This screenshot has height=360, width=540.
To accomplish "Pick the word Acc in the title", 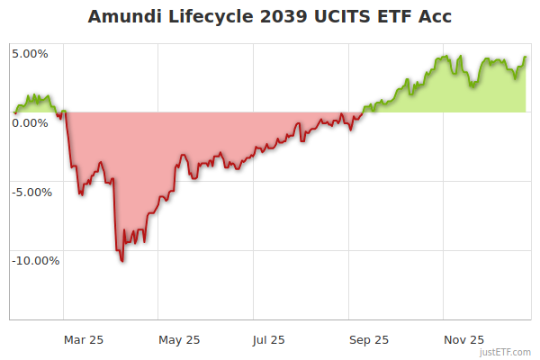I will [x=428, y=17].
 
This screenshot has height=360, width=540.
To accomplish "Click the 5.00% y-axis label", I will [x=30, y=53].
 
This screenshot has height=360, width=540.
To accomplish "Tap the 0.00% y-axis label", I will [x=30, y=122].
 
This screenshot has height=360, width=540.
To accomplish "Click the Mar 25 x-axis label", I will [x=84, y=339].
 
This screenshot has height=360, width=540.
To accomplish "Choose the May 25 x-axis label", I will [x=179, y=339].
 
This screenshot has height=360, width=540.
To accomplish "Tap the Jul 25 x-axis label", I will [x=269, y=339].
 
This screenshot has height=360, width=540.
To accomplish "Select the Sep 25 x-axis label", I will [x=369, y=339].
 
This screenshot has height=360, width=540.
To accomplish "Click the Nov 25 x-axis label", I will [x=464, y=339].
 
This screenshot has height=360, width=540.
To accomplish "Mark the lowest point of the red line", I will [x=121, y=261].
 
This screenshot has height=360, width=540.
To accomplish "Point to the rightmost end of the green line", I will [x=526, y=57].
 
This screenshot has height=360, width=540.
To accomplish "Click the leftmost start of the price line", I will [x=14, y=112].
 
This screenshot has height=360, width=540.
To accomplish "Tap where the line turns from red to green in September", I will [x=359, y=112].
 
